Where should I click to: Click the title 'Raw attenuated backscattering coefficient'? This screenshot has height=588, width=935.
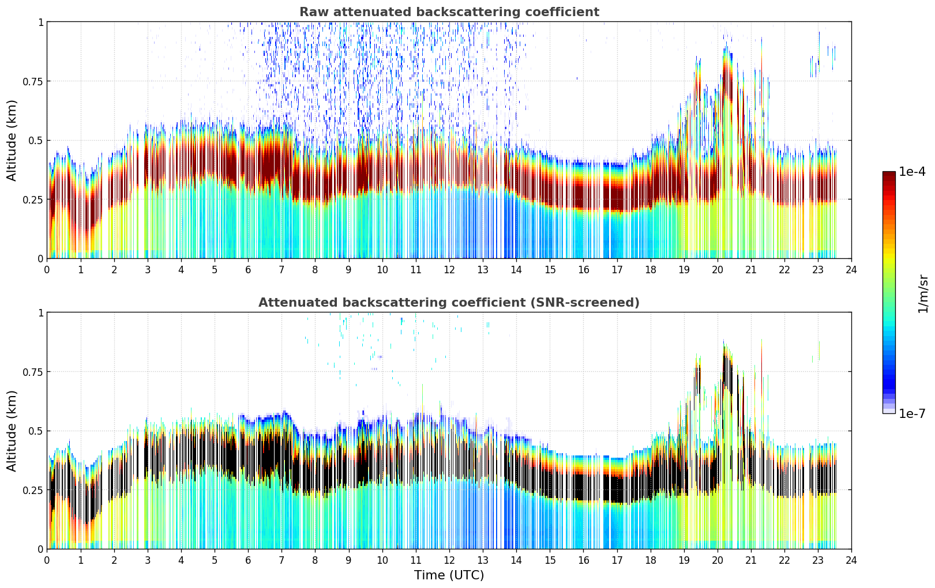click(x=449, y=12)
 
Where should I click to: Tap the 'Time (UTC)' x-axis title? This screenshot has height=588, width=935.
click(x=449, y=575)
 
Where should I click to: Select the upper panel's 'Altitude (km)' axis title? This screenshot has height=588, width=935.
click(x=12, y=140)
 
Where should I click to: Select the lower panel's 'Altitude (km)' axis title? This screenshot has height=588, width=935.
click(x=12, y=431)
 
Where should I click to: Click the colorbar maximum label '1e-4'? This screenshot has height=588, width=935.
click(x=912, y=172)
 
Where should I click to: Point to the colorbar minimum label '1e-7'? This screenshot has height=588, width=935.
click(x=912, y=413)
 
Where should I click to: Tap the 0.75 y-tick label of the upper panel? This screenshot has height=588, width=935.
click(x=33, y=81)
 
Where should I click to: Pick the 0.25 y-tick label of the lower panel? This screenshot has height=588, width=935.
click(x=33, y=490)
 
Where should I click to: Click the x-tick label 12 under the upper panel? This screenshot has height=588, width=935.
click(x=449, y=269)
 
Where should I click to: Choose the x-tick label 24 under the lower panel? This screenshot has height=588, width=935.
click(x=851, y=560)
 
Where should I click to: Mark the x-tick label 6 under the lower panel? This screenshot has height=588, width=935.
click(x=248, y=560)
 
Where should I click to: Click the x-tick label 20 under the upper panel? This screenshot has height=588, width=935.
click(x=717, y=269)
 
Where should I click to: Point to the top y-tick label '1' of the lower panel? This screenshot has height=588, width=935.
click(x=40, y=313)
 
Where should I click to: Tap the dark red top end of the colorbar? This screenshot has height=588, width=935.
click(x=888, y=175)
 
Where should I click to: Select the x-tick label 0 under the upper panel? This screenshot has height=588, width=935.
click(x=47, y=269)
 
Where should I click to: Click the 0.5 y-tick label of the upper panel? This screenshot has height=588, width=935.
click(x=36, y=141)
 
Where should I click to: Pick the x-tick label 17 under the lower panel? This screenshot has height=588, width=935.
click(x=617, y=560)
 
